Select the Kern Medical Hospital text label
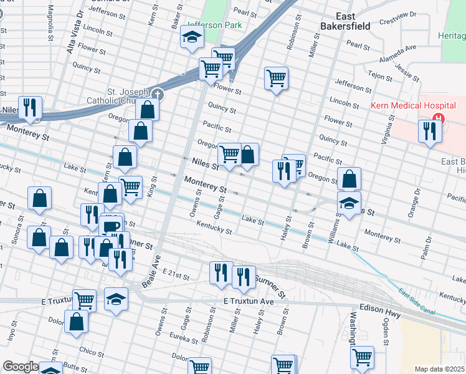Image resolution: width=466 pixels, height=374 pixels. click(405, 106)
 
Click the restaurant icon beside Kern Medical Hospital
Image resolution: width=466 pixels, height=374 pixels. click(430, 131)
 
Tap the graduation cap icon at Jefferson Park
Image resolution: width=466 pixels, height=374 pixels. click(193, 37)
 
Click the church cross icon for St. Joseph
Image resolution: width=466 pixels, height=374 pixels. click(158, 95)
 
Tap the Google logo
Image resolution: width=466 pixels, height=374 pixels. click(20, 367)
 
